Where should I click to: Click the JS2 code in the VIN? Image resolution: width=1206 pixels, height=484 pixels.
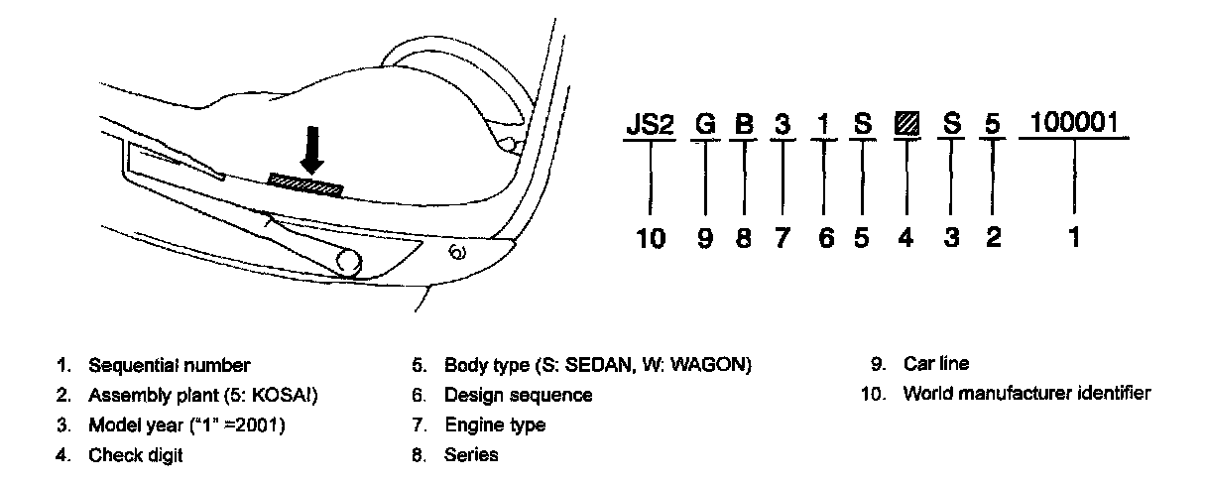(x=650, y=125)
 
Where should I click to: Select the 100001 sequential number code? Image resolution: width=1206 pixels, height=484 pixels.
(x=1076, y=124)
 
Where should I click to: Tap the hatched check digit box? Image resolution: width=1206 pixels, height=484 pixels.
(x=905, y=126)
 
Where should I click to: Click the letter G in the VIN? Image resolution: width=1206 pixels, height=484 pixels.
(x=704, y=126)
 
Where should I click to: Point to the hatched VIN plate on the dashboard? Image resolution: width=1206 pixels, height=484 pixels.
(x=305, y=183)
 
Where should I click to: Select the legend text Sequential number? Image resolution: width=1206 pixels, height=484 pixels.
(x=170, y=365)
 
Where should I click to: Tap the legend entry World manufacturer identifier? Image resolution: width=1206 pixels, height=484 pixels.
(x=1026, y=394)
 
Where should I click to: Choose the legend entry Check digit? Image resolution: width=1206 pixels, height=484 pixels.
(x=136, y=455)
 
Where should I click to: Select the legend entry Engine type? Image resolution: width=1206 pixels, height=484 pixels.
(x=495, y=425)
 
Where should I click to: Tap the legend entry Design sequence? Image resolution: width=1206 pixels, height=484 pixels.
(x=518, y=396)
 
